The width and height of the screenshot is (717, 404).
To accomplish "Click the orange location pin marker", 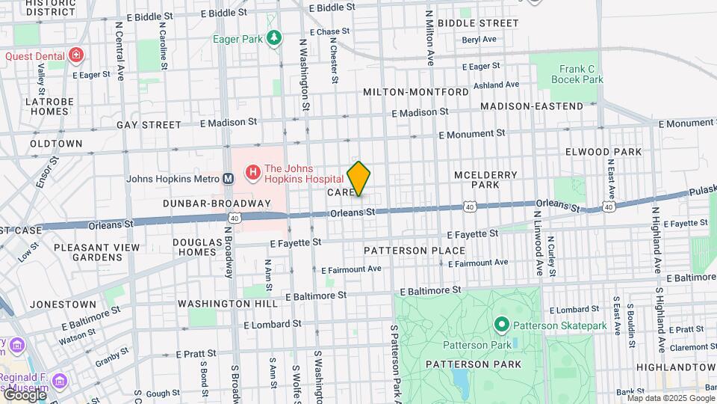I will pos(358,178).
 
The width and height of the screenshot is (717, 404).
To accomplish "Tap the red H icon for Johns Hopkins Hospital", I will pos(252,173).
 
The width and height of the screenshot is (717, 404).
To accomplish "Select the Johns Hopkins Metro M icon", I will pos(229,179).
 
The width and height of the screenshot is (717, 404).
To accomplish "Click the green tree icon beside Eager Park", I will pos(275,37).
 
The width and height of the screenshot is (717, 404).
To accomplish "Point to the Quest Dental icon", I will pos(75,55).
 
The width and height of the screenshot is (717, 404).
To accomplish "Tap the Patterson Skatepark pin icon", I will pos(502,325).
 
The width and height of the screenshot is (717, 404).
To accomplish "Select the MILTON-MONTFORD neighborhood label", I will pos(416,92).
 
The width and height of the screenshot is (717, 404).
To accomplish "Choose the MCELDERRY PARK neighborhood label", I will pos(485,180).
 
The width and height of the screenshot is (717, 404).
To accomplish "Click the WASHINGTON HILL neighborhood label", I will pos(222,304).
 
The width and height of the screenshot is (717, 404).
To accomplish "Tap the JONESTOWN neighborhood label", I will pos(63,304).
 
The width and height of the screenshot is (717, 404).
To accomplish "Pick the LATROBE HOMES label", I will pos(49,106).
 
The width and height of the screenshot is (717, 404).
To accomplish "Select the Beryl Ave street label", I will pos(479,40).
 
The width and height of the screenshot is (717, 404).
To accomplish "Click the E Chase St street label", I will pos(323,32).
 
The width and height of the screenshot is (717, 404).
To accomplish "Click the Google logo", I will pos(24,394).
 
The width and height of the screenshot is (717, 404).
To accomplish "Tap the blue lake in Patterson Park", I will pos(461,382).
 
